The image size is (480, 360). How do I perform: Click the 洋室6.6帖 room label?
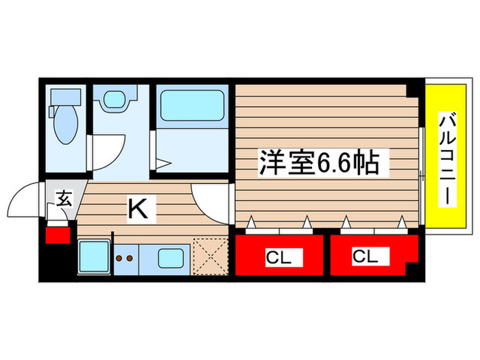(x=318, y=163)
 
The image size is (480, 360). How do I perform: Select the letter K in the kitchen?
(x=138, y=208)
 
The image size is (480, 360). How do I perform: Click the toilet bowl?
(x=67, y=125)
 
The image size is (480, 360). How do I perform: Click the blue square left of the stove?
(x=93, y=257)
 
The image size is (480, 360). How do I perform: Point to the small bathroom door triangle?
(x=164, y=163)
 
